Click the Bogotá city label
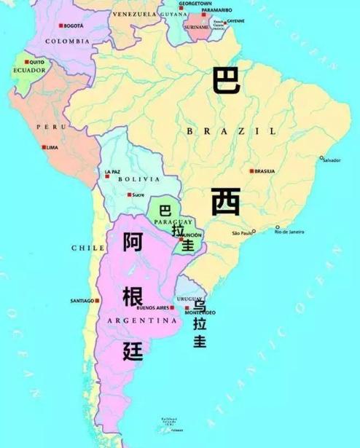74,26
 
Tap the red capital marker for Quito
26,61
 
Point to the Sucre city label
138,195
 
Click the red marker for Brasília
251,171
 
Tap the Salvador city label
332,160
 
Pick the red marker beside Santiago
98,300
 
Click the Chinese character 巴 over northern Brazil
225,79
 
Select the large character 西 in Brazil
226,201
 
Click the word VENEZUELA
134,14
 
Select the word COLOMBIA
67,42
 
